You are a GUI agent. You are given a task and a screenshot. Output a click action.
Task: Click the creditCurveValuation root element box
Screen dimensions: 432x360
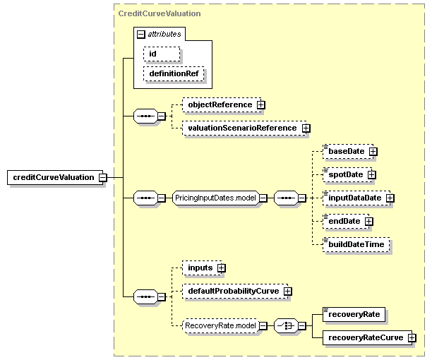(x=55, y=177)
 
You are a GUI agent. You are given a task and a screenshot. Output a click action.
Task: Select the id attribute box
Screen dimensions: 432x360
(x=162, y=54)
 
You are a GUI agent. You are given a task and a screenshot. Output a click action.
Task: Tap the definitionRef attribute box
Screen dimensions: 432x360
(x=174, y=73)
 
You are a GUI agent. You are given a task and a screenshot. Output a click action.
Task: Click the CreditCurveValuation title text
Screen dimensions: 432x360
(x=160, y=13)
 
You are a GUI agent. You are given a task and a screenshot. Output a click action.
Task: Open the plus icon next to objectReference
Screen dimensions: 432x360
(x=260, y=104)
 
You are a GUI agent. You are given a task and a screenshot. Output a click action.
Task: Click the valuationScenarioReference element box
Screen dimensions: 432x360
(x=244, y=128)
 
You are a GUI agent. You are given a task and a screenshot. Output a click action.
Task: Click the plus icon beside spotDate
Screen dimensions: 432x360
(x=372, y=174)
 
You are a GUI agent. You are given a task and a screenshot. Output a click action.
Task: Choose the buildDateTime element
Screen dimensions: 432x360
(x=356, y=244)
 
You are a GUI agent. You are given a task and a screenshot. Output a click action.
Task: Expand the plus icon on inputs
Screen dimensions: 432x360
(x=221, y=268)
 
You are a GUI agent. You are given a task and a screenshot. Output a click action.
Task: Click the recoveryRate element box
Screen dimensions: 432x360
(x=354, y=314)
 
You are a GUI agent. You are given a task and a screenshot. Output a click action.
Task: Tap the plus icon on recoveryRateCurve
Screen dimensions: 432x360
(x=412, y=337)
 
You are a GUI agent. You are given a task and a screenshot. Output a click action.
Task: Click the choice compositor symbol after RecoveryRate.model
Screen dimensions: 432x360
(x=286, y=326)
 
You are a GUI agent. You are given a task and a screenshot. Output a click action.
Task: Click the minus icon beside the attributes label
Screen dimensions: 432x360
(x=140, y=34)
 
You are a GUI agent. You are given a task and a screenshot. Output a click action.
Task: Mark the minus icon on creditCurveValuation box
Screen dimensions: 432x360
(x=103, y=177)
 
